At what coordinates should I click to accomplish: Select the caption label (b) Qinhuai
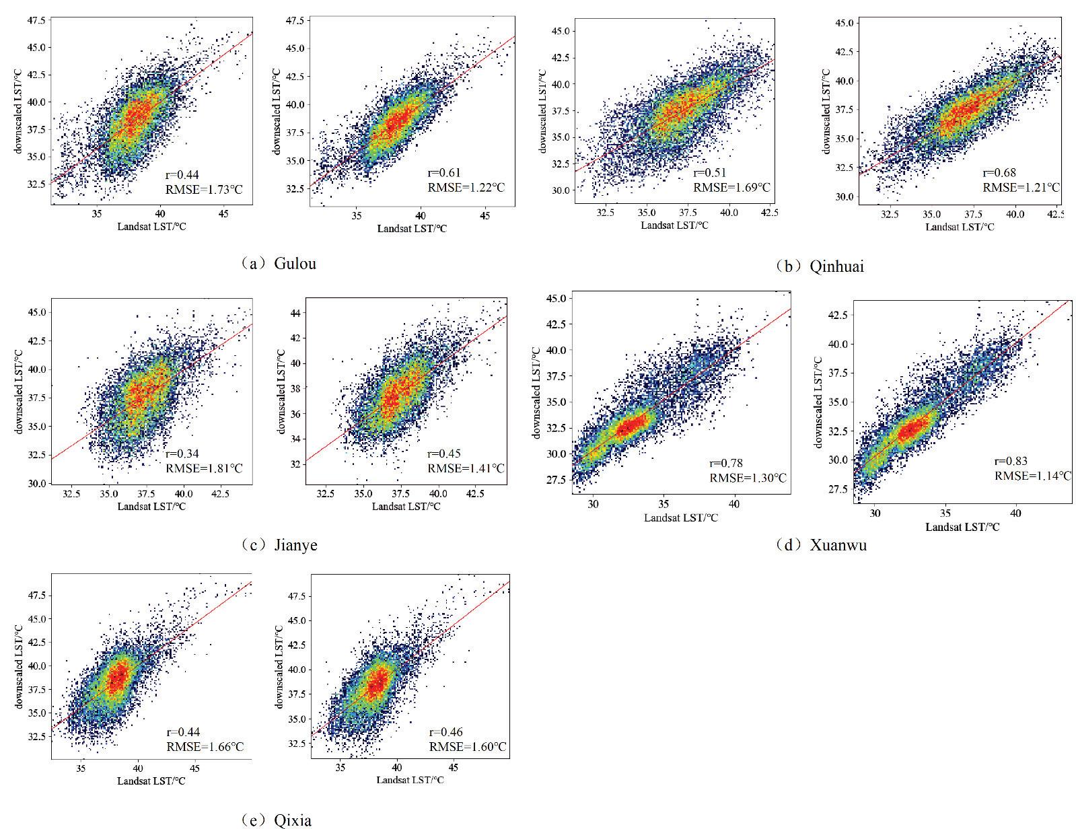819,266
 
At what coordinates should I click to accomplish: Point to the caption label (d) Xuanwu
821,544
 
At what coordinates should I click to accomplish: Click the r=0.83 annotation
1011,462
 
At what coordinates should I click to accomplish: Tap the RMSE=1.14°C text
1033,476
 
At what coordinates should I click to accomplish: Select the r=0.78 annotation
726,463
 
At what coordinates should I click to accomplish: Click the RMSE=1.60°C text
468,747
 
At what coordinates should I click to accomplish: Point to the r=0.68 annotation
999,173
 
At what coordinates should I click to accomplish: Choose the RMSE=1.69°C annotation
731,188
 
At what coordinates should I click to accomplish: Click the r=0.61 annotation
445,174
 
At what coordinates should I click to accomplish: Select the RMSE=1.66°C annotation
205,747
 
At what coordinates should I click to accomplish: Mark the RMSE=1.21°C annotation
1021,187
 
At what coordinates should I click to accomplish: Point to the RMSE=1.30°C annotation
748,478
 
